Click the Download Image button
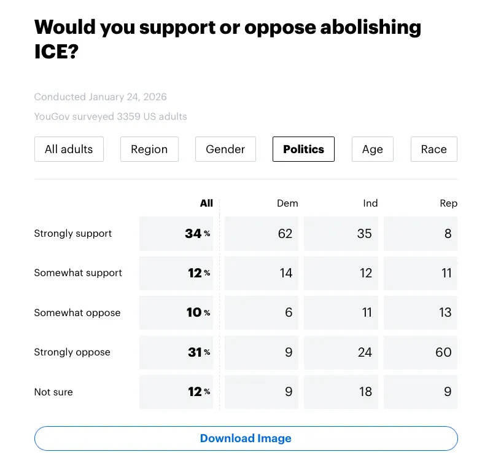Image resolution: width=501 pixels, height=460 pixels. point(246,438)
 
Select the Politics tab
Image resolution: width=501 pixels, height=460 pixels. point(303,149)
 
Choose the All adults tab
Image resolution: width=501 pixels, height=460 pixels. point(69,149)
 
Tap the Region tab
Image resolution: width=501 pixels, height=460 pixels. point(149,149)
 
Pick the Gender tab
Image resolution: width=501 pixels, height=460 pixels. point(225,149)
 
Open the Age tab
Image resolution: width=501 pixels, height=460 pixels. point(372,149)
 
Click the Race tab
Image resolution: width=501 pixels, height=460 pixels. point(433,149)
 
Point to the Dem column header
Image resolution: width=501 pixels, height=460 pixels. point(287,203)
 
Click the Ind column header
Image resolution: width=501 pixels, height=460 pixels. point(370,203)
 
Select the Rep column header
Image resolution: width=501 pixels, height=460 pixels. point(449,203)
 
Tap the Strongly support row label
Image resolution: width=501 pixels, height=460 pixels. point(73,234)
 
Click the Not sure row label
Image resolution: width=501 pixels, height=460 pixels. point(53,392)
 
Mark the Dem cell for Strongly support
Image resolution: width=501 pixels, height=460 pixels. point(262,234)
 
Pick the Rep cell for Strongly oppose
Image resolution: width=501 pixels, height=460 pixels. point(421,352)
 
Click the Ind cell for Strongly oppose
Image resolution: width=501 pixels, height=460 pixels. point(341,352)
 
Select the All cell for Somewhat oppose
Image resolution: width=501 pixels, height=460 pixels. point(176,312)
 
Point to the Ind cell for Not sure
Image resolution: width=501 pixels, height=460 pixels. point(341,392)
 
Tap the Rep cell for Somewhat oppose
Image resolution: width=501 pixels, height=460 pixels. point(421,312)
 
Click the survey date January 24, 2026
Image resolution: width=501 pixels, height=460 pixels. point(128,97)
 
